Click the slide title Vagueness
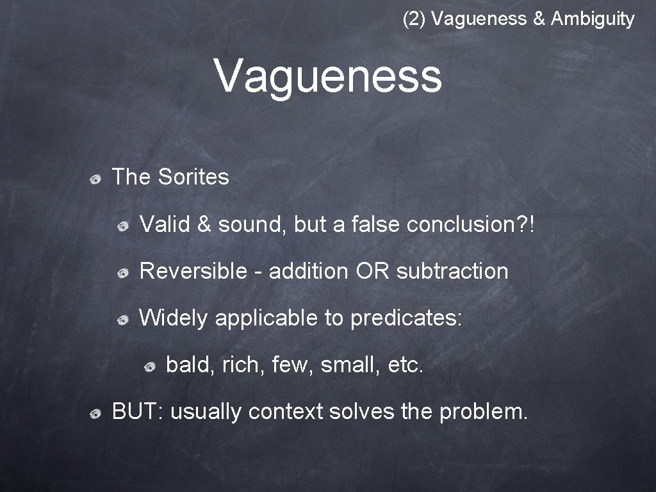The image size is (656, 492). [328, 76]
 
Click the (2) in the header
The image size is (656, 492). [414, 19]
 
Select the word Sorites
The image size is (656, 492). [193, 177]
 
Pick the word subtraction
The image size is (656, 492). [452, 271]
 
